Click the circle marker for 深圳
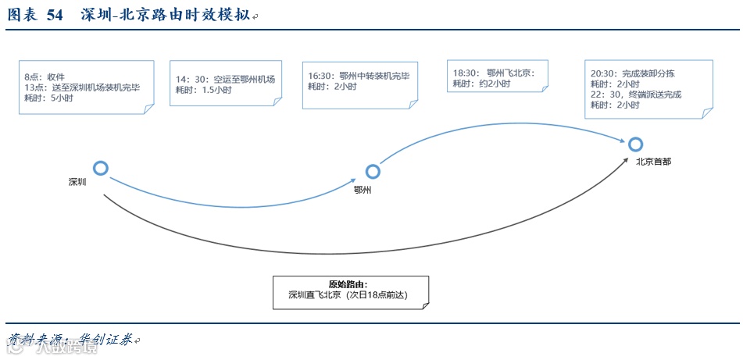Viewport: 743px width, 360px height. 100,168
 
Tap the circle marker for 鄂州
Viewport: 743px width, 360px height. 373,172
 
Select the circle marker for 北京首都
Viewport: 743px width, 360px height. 635,144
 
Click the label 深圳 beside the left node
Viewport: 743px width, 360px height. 77,182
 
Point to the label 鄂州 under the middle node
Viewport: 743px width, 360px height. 362,190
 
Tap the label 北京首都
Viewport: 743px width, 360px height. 652,162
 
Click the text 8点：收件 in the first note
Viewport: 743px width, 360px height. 45,77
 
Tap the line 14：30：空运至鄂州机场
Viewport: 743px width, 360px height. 225,80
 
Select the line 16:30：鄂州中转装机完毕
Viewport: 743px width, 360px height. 358,76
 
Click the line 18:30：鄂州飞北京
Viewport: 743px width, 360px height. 492,73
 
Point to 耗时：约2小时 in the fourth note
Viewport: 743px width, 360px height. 481,84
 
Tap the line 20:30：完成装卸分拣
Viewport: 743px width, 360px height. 632,73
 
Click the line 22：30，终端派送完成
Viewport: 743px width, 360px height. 636,94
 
